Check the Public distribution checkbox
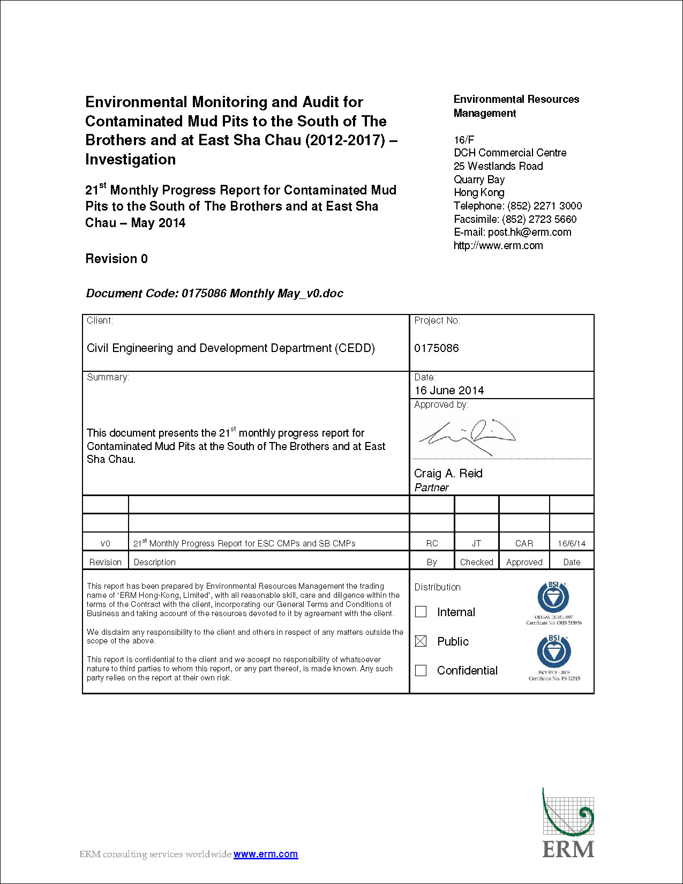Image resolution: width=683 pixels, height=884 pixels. [x=421, y=641]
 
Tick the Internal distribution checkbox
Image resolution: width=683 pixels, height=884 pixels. [x=421, y=612]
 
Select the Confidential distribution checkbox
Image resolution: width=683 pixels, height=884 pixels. [x=421, y=670]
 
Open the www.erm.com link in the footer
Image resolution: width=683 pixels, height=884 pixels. [x=266, y=854]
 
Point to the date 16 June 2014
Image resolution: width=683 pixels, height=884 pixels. [x=449, y=391]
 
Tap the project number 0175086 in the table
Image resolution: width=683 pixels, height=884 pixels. [x=437, y=348]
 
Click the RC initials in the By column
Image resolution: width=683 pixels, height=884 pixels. [x=432, y=543]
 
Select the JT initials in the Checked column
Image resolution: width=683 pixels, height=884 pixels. [x=476, y=543]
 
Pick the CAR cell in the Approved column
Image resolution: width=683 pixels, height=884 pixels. [x=524, y=543]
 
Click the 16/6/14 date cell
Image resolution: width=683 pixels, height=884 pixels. [x=572, y=543]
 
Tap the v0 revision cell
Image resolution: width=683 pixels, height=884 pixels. [x=106, y=543]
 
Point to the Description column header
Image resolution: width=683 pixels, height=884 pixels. [x=155, y=562]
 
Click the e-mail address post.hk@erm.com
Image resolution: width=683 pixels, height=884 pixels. [x=529, y=232]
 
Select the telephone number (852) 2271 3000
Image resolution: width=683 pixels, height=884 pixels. [x=544, y=206]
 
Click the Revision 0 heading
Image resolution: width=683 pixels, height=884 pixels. [x=116, y=259]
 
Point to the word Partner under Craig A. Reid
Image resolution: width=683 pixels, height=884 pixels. [x=431, y=488]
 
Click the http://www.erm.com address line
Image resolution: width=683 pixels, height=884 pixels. [x=498, y=245]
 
